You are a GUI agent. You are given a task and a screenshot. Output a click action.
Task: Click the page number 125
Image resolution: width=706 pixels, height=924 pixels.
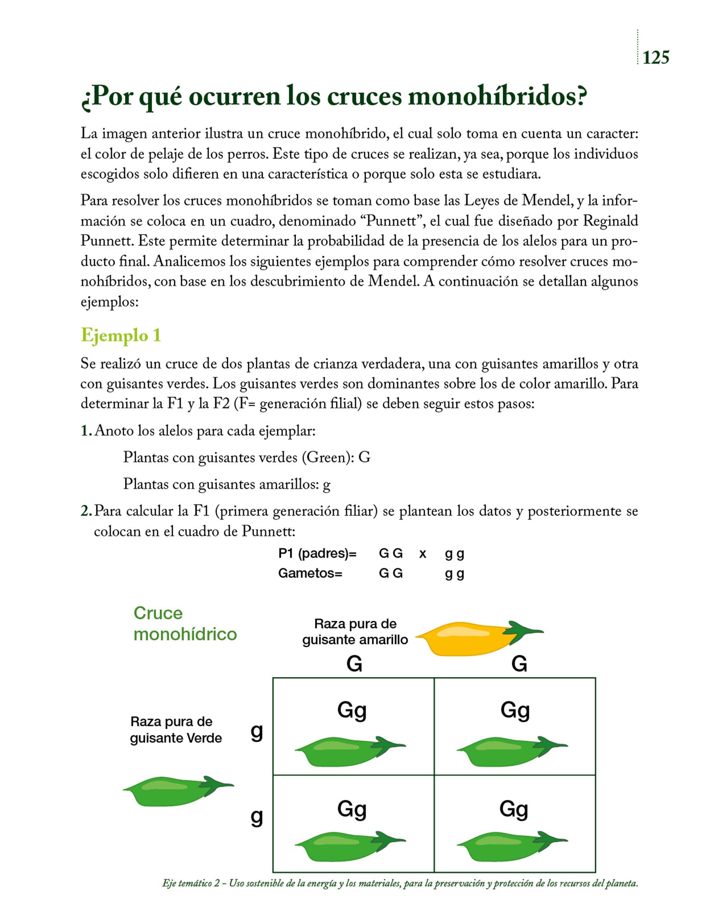(655, 58)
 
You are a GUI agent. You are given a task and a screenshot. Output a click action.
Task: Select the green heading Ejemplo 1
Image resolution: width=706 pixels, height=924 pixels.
(121, 335)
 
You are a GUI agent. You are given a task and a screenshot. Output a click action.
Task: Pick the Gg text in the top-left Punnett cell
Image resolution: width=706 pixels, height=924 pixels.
(352, 711)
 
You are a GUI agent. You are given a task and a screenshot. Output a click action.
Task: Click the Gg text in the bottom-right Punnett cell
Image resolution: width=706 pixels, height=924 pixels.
(514, 808)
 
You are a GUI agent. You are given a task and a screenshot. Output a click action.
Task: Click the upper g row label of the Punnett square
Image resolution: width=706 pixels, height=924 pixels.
(257, 732)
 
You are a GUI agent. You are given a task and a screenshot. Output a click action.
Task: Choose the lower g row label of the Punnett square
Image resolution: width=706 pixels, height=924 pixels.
(257, 817)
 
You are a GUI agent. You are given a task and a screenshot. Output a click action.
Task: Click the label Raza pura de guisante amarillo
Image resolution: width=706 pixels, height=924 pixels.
(355, 632)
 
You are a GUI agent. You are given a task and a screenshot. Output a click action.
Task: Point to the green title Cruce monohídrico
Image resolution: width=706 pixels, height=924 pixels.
(185, 624)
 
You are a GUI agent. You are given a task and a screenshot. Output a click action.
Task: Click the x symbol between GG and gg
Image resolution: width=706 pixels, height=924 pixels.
(423, 554)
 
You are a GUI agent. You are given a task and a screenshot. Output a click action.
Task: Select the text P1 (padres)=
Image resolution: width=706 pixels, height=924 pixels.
(317, 554)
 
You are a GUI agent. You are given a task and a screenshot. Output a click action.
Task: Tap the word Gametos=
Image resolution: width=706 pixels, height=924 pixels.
(310, 573)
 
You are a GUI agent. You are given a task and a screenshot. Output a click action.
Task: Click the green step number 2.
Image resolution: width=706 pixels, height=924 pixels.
(86, 511)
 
